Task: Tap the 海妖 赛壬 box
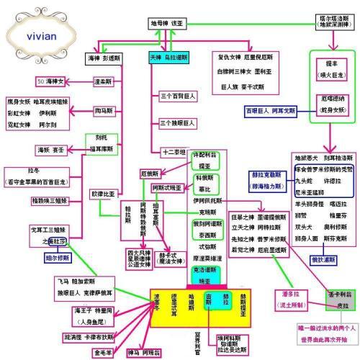tap(52, 149)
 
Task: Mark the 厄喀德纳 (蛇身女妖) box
tap(327, 103)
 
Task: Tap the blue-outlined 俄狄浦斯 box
tap(319, 258)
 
